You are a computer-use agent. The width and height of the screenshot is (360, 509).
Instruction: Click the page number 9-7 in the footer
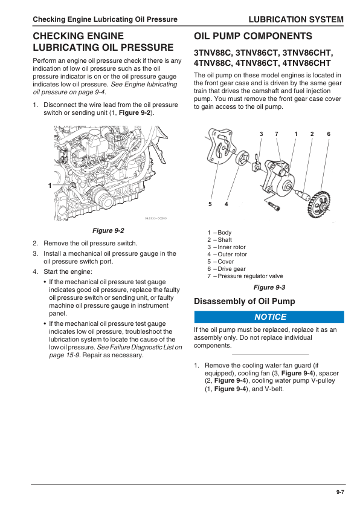point(340,493)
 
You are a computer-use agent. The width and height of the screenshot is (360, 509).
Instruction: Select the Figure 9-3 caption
point(269,287)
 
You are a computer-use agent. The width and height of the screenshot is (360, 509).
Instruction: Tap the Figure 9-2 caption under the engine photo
point(108,231)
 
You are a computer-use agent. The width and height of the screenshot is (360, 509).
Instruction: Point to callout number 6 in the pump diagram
point(329,134)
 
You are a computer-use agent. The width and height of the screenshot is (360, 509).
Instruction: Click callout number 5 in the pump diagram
point(210,204)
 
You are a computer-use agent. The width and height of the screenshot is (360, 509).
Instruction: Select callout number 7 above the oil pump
point(276,134)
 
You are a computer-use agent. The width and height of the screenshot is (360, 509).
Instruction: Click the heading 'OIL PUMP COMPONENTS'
point(253,36)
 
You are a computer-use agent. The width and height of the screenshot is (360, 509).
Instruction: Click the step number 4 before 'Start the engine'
point(35,271)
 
